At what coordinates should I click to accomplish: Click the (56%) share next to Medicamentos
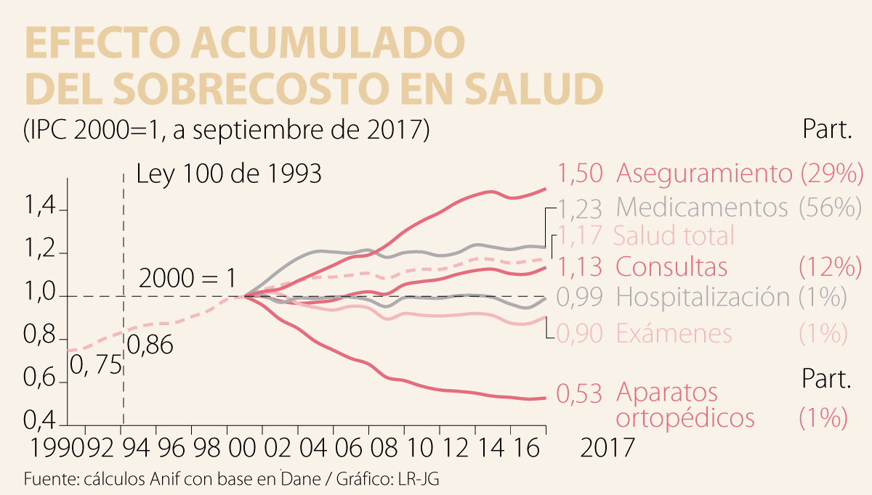pos(829,208)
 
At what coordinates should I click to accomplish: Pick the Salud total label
pos(674,236)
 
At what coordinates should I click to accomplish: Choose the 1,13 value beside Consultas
pos(580,267)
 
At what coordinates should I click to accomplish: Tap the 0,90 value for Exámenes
pos(580,333)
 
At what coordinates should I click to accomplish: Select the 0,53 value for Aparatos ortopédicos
pos(580,394)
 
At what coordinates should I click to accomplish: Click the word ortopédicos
pos(685,418)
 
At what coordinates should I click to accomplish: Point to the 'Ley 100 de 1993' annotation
pos(229,175)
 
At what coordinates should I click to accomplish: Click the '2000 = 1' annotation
pos(187,279)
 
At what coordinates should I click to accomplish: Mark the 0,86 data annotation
pos(150,345)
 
